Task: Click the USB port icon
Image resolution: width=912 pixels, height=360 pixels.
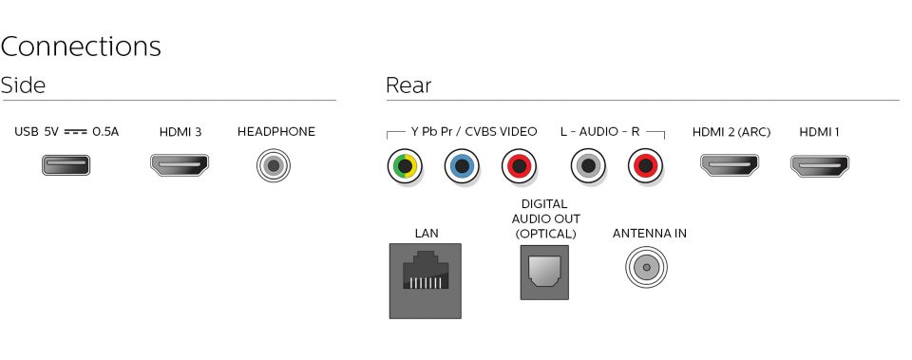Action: (x=66, y=166)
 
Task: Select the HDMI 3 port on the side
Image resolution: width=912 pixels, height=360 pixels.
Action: (x=180, y=166)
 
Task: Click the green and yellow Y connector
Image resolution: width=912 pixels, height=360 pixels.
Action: (x=404, y=167)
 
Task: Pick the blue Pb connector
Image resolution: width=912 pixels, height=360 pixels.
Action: (x=461, y=167)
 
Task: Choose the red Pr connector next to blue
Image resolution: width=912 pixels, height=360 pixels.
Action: (x=519, y=167)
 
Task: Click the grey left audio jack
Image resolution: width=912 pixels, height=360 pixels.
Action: (x=588, y=167)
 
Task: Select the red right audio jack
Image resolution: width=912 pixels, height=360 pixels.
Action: (x=646, y=167)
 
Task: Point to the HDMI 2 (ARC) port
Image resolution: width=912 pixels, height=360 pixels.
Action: (x=730, y=166)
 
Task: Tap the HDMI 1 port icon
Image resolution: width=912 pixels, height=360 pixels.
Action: (x=820, y=166)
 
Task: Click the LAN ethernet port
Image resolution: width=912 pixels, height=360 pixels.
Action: (x=425, y=280)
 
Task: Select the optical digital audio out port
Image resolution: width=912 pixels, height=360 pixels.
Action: (x=544, y=273)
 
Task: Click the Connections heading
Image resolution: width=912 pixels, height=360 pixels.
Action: (x=81, y=47)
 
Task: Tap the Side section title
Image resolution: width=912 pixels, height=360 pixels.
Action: (x=23, y=85)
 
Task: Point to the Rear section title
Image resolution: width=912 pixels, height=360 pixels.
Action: (x=408, y=85)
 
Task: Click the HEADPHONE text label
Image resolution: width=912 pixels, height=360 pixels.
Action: (x=275, y=132)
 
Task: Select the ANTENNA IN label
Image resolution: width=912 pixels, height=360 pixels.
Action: (x=649, y=233)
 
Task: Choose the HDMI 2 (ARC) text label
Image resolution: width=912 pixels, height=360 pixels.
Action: (x=731, y=132)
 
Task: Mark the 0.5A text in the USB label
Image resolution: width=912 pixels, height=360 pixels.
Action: (x=105, y=132)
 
